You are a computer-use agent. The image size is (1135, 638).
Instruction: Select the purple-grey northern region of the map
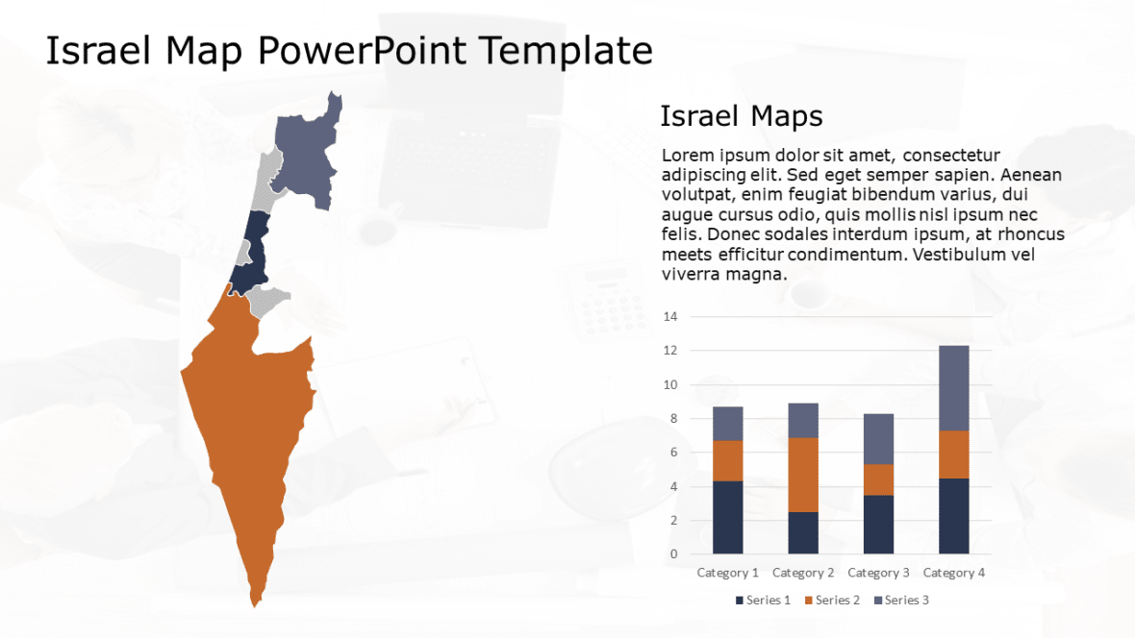click(306, 154)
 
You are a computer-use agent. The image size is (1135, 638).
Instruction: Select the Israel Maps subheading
click(741, 116)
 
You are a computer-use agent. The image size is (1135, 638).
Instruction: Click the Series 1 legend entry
click(763, 601)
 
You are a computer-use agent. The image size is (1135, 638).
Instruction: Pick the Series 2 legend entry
click(832, 601)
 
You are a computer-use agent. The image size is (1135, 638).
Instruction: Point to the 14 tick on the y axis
click(670, 316)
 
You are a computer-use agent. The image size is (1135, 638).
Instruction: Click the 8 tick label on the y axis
click(673, 419)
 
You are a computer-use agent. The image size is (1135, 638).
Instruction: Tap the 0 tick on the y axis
click(673, 554)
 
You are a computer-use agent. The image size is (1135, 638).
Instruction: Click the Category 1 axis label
click(727, 573)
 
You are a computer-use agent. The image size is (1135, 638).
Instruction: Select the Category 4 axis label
click(954, 573)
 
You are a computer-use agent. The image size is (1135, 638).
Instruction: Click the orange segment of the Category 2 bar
click(803, 475)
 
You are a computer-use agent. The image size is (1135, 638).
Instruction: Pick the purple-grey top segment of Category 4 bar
click(954, 387)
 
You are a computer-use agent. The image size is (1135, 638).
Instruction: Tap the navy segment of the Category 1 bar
click(727, 517)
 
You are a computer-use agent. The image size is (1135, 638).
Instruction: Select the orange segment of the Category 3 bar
click(879, 479)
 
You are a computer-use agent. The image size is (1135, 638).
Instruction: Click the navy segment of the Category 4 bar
click(954, 516)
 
